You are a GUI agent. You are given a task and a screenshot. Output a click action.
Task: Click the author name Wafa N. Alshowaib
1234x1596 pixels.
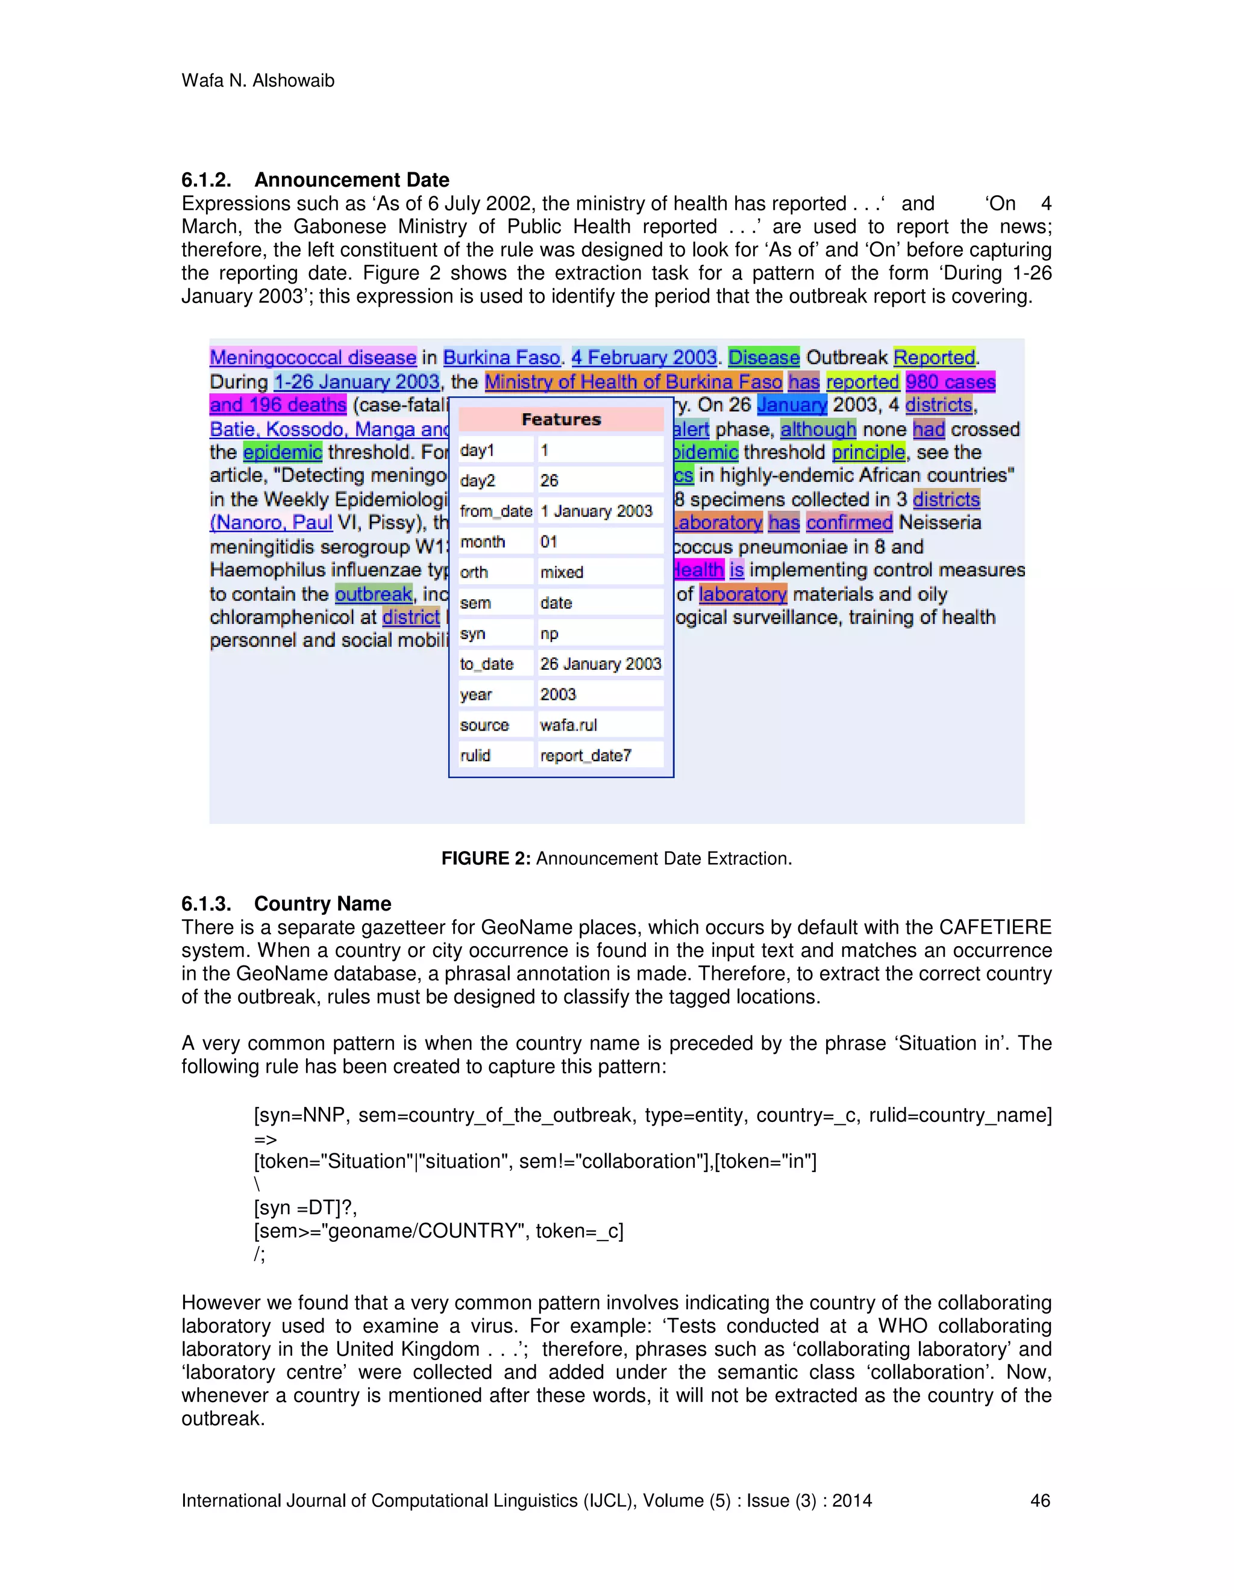[257, 80]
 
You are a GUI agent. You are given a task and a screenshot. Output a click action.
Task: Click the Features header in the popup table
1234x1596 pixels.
[561, 419]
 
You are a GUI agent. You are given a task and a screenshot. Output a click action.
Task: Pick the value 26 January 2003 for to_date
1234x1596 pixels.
[600, 664]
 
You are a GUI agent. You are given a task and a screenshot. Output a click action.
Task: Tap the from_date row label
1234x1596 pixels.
[496, 511]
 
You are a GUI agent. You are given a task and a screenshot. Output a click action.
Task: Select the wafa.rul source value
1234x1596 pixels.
[568, 725]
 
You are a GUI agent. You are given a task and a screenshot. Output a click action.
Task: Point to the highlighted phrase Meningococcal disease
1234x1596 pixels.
[313, 357]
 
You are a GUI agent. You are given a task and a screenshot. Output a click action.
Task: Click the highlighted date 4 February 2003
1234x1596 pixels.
[644, 357]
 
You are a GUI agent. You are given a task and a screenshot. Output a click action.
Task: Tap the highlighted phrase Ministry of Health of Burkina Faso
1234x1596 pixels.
[633, 381]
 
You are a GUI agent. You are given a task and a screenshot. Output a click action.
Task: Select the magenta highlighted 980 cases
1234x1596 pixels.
[950, 381]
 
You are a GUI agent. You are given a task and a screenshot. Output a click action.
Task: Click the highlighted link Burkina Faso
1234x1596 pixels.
[501, 357]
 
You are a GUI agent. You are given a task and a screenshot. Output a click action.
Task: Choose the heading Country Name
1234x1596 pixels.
[322, 904]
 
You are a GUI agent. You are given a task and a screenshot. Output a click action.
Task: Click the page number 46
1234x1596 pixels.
[1039, 1500]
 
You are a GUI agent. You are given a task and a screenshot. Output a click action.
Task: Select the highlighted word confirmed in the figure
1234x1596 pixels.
[849, 523]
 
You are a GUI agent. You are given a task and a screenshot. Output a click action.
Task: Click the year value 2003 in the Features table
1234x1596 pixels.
[558, 694]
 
